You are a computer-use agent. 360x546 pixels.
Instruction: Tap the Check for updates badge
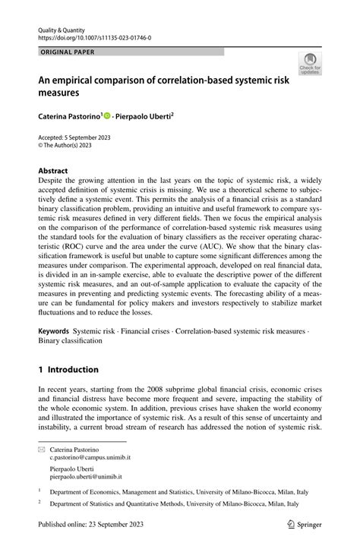(311, 67)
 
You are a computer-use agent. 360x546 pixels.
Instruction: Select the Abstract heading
(52, 171)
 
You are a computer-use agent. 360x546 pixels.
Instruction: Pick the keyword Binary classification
(70, 342)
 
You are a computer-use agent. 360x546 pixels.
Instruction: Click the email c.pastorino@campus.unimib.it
(90, 459)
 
